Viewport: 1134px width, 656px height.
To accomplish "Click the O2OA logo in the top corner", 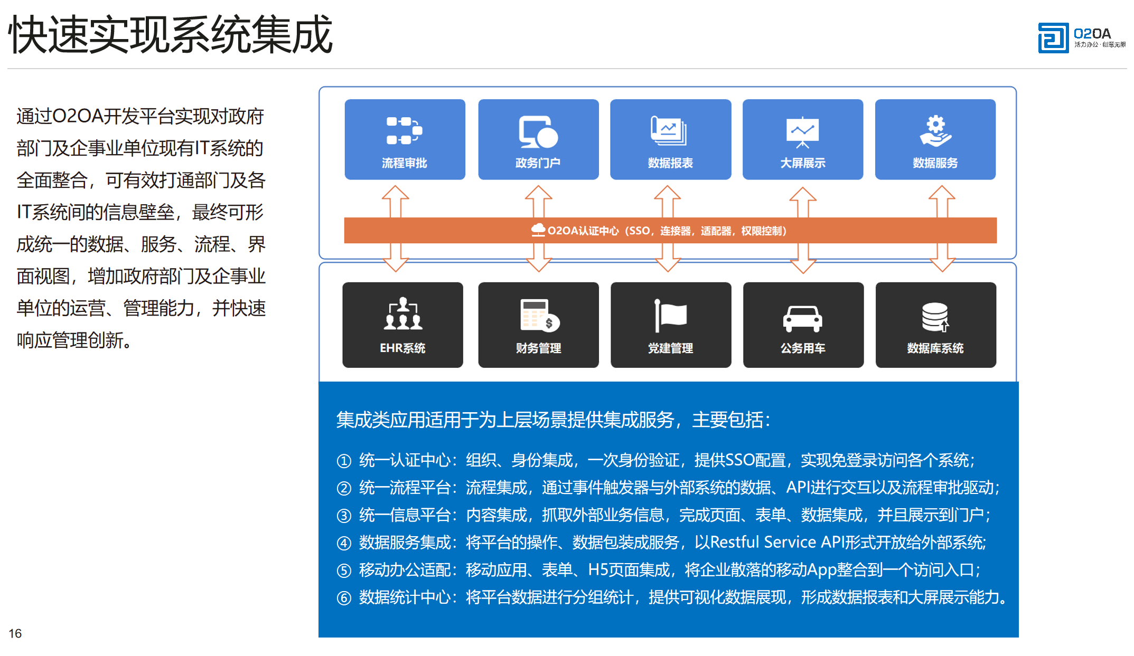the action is click(1081, 37).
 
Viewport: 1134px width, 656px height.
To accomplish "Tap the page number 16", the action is click(15, 633).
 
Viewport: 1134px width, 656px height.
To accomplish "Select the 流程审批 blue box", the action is click(405, 139).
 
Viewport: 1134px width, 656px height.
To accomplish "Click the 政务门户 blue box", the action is click(538, 139).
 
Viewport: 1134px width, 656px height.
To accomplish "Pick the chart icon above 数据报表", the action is click(669, 130).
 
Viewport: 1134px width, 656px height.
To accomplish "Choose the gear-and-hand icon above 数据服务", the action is click(935, 131).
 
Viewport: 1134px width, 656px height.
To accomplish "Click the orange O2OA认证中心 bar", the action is click(670, 231).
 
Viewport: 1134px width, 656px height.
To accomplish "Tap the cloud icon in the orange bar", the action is click(538, 230).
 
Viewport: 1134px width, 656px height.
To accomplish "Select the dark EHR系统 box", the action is click(402, 325).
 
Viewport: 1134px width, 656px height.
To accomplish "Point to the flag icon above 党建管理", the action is click(670, 316).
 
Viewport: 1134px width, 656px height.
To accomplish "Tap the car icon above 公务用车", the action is click(803, 319).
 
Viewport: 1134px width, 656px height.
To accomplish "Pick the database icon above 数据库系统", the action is click(935, 317).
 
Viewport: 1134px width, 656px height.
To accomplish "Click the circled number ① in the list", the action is click(344, 461).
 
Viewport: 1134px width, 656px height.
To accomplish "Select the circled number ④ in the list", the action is click(344, 543).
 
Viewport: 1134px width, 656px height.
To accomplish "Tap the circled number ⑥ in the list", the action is click(344, 598).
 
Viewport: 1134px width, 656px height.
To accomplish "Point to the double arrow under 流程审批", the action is click(396, 229).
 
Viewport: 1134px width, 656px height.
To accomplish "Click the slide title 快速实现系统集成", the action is click(171, 34).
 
